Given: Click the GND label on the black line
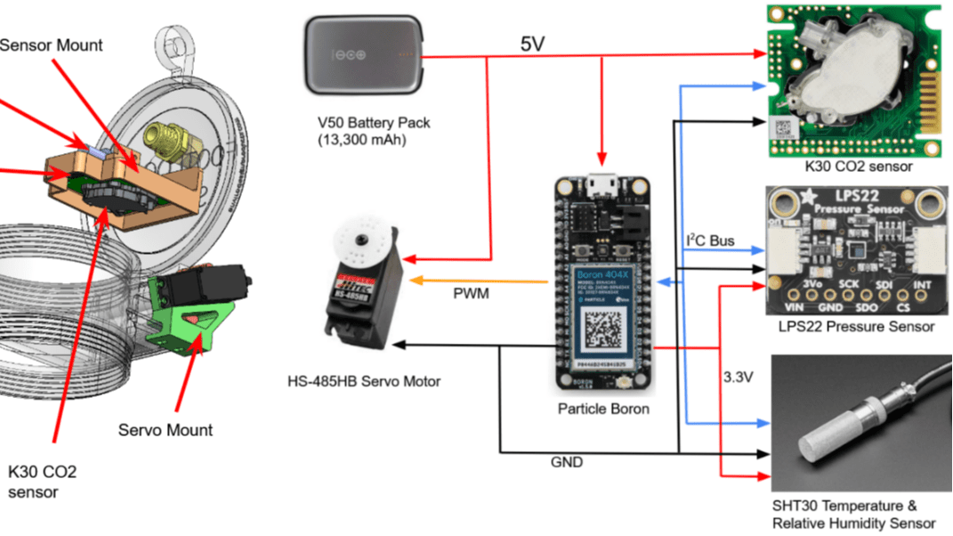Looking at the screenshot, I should point(566,462).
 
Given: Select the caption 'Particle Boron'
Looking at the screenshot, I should point(602,410).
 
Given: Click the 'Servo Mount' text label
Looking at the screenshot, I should point(166,430).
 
